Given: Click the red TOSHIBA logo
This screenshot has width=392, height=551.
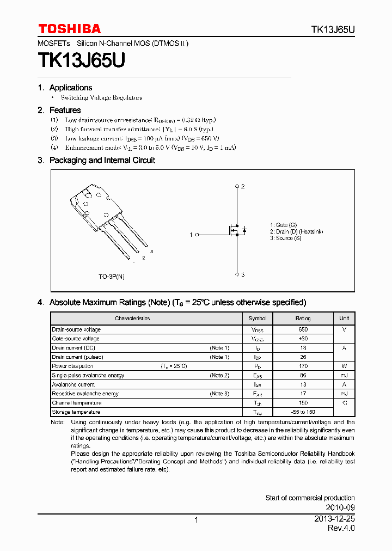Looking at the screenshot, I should (69, 29).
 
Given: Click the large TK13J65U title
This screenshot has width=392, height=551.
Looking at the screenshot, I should (81, 60).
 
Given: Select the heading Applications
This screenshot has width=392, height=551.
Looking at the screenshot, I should (70, 88).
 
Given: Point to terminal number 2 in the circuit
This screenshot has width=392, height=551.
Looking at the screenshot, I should (243, 186).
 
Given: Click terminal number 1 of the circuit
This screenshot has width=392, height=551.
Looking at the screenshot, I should (191, 235).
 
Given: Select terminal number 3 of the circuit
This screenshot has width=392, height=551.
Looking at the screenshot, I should (243, 275).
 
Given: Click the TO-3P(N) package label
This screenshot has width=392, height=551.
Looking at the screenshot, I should (111, 277).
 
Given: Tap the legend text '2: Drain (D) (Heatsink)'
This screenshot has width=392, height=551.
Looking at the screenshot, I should (296, 231).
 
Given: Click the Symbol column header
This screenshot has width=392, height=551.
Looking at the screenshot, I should (258, 319).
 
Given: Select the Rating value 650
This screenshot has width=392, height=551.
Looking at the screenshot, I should (303, 329).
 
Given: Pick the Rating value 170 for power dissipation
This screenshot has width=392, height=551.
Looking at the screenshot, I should (303, 366).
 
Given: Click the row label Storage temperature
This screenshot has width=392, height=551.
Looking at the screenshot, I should (76, 412).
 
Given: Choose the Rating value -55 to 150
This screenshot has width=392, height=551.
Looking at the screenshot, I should (303, 412).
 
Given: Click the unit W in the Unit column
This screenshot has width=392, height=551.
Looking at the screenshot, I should (344, 366).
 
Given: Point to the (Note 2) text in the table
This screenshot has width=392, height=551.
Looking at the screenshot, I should (219, 376).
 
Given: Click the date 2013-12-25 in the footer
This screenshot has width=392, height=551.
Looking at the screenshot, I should (334, 519).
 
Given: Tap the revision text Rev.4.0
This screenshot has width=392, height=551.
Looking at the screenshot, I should (341, 529).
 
